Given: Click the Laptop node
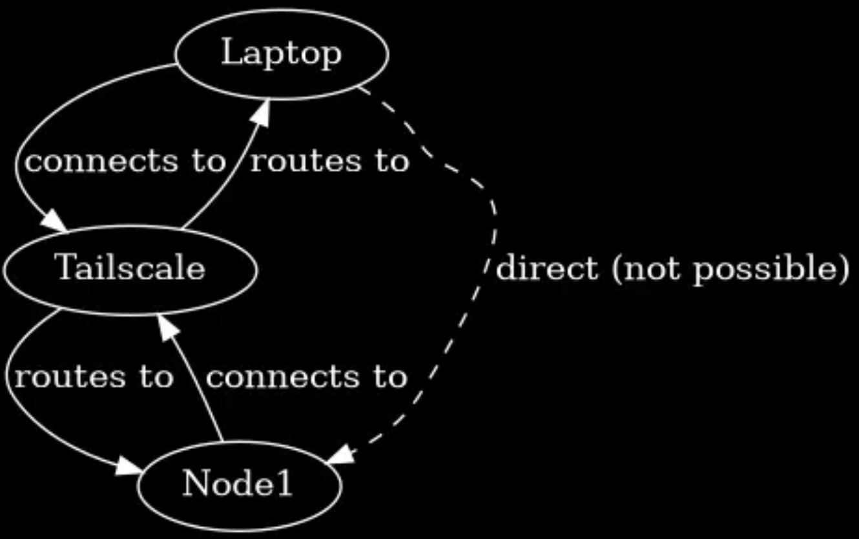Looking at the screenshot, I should tap(282, 54).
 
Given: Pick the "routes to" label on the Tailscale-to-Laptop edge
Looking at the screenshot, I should tap(329, 162).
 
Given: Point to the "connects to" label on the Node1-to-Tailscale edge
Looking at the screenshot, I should tap(306, 377).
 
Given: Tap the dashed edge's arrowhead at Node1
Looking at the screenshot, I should tap(341, 454).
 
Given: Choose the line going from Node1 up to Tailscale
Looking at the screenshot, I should tap(200, 388).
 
